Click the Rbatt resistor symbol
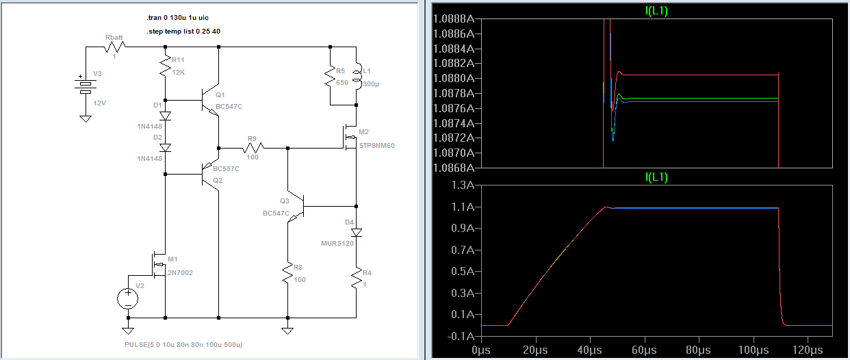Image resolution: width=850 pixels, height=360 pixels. click(x=114, y=47)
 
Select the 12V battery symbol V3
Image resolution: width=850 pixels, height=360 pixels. click(x=86, y=86)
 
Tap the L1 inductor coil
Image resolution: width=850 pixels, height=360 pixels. click(x=357, y=79)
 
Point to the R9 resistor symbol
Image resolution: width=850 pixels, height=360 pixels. click(x=253, y=148)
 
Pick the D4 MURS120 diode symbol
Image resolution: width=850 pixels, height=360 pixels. click(x=357, y=233)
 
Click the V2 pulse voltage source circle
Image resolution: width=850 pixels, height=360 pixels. click(x=128, y=298)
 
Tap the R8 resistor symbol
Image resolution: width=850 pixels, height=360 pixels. click(x=287, y=272)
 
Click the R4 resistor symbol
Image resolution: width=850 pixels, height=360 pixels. click(x=357, y=278)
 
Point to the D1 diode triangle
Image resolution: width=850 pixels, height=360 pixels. click(x=166, y=116)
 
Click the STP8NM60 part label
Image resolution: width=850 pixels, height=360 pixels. click(x=377, y=145)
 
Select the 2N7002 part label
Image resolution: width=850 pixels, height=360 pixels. click(x=180, y=273)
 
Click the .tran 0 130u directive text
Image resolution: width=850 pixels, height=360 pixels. click(x=177, y=17)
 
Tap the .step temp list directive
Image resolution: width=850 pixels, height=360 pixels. click(x=183, y=31)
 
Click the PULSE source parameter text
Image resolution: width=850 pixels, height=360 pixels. click(x=183, y=345)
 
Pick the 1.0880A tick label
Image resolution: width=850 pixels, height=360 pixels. click(x=454, y=78)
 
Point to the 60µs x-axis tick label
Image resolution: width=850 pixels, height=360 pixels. click(x=644, y=350)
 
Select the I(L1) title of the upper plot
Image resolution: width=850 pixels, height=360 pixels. click(x=656, y=10)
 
